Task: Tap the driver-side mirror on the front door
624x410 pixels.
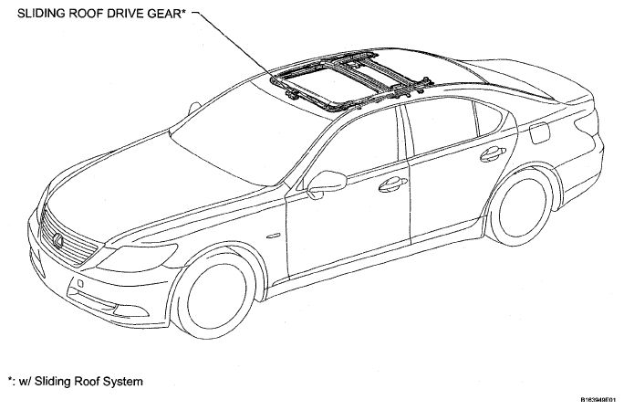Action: tap(326, 184)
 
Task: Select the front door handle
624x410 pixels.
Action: tap(392, 184)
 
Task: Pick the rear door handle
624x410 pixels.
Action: tap(493, 153)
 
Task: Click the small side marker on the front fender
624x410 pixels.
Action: tap(274, 236)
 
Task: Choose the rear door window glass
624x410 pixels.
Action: tap(442, 129)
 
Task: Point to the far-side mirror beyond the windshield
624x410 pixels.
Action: tap(194, 108)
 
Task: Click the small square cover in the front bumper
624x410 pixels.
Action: tap(80, 283)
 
